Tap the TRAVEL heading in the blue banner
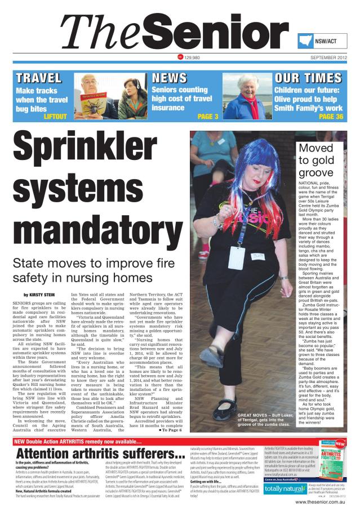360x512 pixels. (39, 78)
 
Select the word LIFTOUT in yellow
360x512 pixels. (55, 117)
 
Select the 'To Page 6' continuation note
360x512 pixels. (172, 430)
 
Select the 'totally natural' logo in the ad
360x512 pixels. (283, 488)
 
